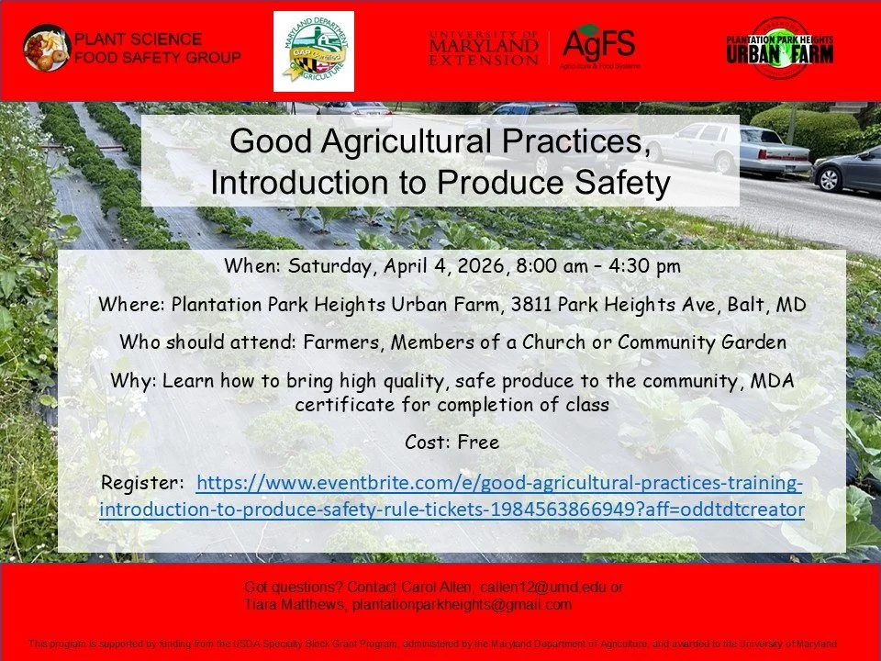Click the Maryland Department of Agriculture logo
313,51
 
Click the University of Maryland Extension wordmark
484,48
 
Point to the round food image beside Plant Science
47,48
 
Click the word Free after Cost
478,443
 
